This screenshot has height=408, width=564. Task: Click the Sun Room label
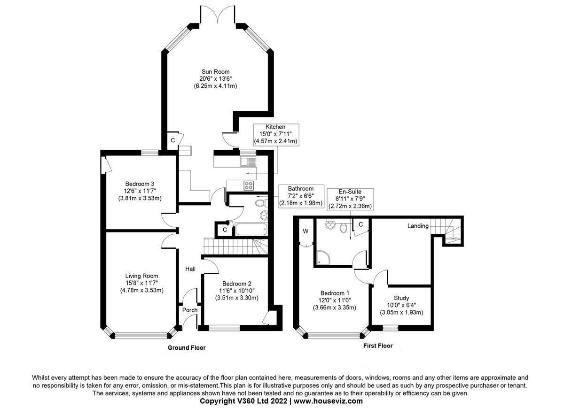coord(215,79)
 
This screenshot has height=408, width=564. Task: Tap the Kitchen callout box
coord(276,134)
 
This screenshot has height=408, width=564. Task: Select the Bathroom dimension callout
coord(301,196)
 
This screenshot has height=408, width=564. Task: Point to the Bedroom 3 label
coord(140,191)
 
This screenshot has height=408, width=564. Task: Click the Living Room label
coord(141,283)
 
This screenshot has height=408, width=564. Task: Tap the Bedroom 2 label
coord(237,291)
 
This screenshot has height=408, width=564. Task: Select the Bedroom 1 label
coord(334,300)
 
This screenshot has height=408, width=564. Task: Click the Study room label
coord(401,305)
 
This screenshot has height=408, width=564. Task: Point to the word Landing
coord(418,226)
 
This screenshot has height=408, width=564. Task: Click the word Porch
coord(190,310)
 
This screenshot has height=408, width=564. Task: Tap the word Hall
coord(190,269)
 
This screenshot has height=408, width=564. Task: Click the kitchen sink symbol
coord(248,162)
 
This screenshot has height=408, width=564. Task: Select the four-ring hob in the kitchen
coord(248,185)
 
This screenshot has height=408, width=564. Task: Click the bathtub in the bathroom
coord(251,230)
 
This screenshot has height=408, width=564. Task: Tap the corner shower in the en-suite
coord(324,257)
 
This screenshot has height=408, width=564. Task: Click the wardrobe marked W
coord(305,231)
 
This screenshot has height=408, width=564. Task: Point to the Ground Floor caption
coord(187,348)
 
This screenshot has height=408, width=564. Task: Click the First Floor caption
coord(378,346)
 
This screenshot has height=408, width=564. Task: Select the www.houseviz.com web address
coord(329,401)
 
